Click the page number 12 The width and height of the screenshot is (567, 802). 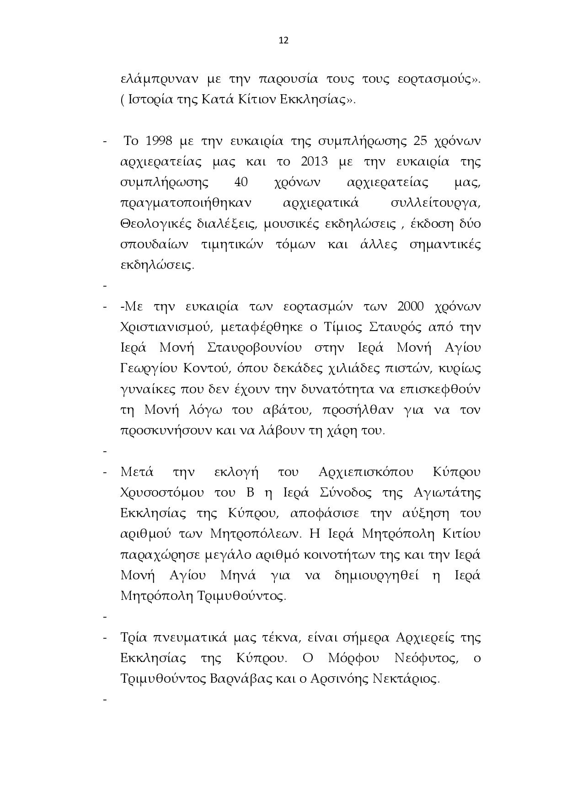(x=283, y=40)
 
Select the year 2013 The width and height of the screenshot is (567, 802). (x=313, y=162)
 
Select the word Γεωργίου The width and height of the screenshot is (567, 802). (x=148, y=369)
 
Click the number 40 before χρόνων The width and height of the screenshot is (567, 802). (x=241, y=182)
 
